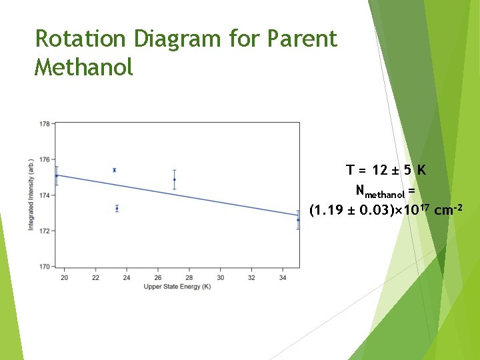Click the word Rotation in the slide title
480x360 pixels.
(x=81, y=39)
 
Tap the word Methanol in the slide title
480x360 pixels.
(x=84, y=67)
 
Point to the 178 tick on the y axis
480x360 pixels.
(x=44, y=124)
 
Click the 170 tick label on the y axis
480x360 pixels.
(x=44, y=267)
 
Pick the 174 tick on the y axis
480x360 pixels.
(x=44, y=195)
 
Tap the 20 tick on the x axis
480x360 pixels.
(x=64, y=277)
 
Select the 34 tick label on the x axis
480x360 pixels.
(x=283, y=277)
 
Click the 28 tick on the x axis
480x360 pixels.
(x=189, y=277)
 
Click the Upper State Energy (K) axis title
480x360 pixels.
(x=177, y=287)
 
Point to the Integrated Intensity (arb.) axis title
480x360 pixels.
(x=31, y=195)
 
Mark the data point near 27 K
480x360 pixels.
(x=175, y=179)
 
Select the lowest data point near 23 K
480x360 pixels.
(x=117, y=209)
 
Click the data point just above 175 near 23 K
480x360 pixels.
(x=115, y=170)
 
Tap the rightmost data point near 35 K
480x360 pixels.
(x=298, y=220)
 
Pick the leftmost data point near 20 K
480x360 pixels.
(x=57, y=176)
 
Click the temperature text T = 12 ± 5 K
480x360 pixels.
(x=385, y=170)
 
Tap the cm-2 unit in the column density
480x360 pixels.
(x=447, y=211)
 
